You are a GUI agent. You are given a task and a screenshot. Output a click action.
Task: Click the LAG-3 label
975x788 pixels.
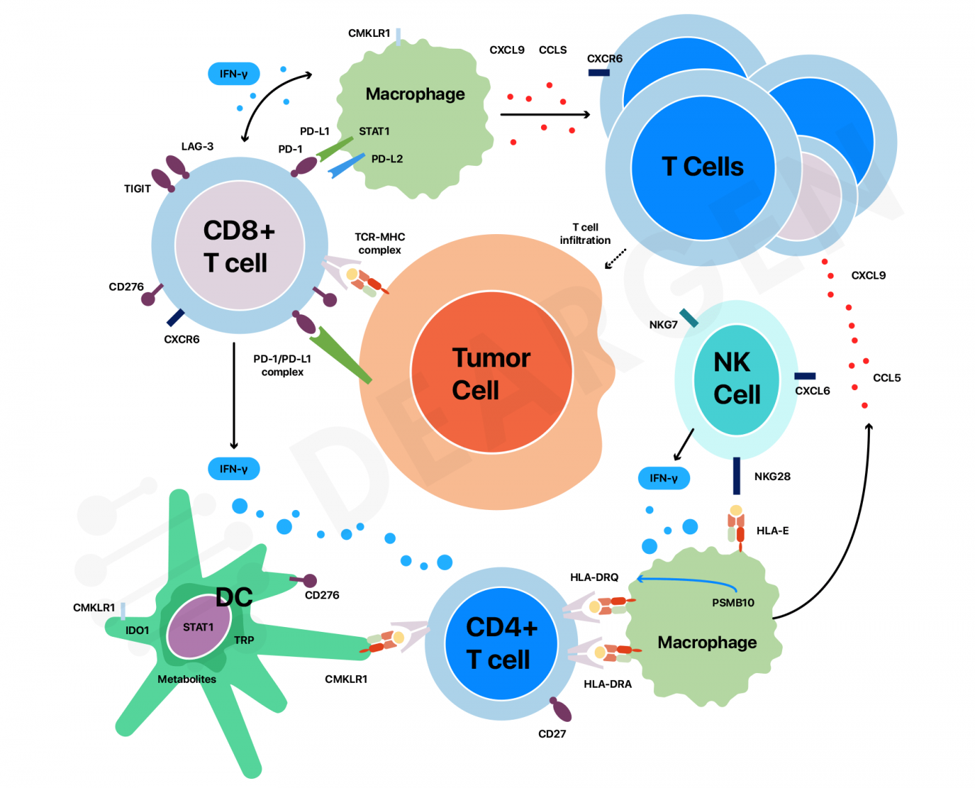[197, 146]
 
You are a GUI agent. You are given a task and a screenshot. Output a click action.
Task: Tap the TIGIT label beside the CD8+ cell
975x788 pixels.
[137, 189]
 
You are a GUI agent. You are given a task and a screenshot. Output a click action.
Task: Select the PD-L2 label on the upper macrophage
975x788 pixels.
[387, 159]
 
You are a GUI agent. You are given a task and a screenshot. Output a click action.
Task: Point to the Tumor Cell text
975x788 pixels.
[491, 373]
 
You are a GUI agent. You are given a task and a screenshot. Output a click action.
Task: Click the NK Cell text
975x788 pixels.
[735, 378]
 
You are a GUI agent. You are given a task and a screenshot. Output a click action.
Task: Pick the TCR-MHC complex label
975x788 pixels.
[380, 243]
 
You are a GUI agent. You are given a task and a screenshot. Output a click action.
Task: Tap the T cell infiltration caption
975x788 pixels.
[585, 234]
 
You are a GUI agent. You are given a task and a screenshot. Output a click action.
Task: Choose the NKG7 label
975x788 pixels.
[663, 325]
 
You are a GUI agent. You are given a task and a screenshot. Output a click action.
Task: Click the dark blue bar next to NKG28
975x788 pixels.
[737, 476]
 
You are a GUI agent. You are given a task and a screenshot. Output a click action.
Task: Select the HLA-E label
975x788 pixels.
[772, 531]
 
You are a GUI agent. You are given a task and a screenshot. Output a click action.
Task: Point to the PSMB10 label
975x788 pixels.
[733, 603]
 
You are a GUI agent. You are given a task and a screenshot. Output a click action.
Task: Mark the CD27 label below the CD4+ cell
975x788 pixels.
[552, 734]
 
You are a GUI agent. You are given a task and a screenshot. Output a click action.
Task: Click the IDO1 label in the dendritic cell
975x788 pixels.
[137, 631]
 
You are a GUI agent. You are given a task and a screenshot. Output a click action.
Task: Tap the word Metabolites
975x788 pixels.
[187, 679]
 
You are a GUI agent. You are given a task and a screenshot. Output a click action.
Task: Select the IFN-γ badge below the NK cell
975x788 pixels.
[664, 478]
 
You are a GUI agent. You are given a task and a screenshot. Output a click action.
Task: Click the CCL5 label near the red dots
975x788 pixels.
[887, 378]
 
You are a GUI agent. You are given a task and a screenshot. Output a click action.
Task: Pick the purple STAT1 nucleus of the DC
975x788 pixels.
[198, 627]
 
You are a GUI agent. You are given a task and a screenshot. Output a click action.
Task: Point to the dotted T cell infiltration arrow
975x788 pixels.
[615, 258]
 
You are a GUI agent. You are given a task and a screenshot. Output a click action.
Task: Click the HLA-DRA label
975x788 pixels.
[607, 684]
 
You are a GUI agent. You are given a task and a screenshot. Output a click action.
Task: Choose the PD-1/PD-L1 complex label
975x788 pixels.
[282, 365]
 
